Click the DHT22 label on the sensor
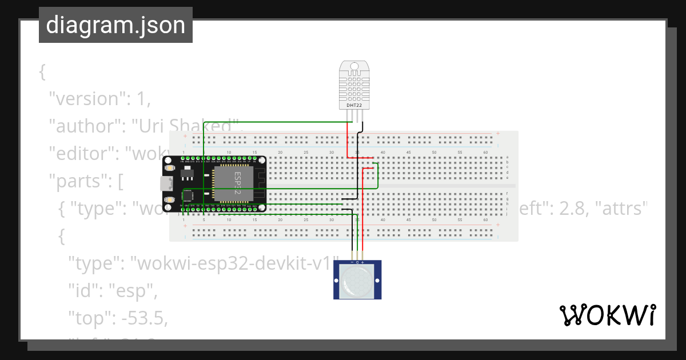pyautogui.click(x=354, y=106)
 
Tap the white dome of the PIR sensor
pyautogui.click(x=357, y=281)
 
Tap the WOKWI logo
pyautogui.click(x=607, y=315)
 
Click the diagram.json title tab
pyautogui.click(x=115, y=25)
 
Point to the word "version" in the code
pyautogui.click(x=86, y=99)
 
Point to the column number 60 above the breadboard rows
pyautogui.click(x=486, y=153)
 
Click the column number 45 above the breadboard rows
pyautogui.click(x=409, y=153)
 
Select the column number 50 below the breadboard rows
pyautogui.click(x=434, y=220)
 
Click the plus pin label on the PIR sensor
pyautogui.click(x=363, y=262)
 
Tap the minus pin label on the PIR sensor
pyautogui.click(x=352, y=262)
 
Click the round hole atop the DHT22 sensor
pyautogui.click(x=354, y=67)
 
